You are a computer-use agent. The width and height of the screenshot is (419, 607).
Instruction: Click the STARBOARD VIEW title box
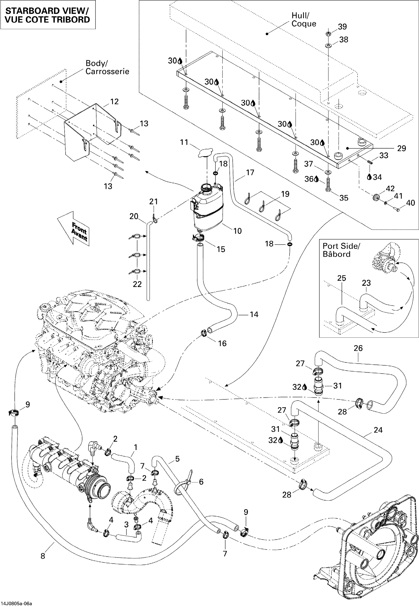point(48,15)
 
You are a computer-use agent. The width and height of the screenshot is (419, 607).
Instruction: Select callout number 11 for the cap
point(184,142)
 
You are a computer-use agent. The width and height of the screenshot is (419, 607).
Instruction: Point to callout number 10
point(237,231)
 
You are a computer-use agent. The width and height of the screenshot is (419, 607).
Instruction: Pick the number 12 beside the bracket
point(114,102)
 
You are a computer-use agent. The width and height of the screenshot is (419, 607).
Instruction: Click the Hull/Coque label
point(303,20)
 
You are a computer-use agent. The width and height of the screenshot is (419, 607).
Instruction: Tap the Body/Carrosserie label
point(107,67)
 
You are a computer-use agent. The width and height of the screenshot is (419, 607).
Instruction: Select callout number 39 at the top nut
point(342,27)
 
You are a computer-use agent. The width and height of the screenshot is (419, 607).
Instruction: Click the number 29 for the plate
point(402,149)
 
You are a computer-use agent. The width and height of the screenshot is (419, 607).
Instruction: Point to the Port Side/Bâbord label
point(341,250)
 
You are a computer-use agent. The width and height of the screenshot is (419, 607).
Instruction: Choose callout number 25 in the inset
point(342,278)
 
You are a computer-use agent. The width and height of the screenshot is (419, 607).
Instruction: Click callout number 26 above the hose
point(358,349)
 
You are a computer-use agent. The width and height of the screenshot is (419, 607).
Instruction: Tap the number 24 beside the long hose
point(378,430)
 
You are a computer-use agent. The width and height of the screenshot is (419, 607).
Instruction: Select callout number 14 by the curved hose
point(254,315)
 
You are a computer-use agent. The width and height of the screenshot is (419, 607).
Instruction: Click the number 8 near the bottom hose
point(43,556)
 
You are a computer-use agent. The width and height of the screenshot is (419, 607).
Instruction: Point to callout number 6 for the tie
point(201,482)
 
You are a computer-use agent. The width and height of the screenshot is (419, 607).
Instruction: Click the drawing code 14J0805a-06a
point(16,604)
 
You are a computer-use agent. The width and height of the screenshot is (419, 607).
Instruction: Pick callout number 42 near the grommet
point(390,189)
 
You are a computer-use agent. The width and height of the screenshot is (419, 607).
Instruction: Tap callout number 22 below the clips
point(137,285)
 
